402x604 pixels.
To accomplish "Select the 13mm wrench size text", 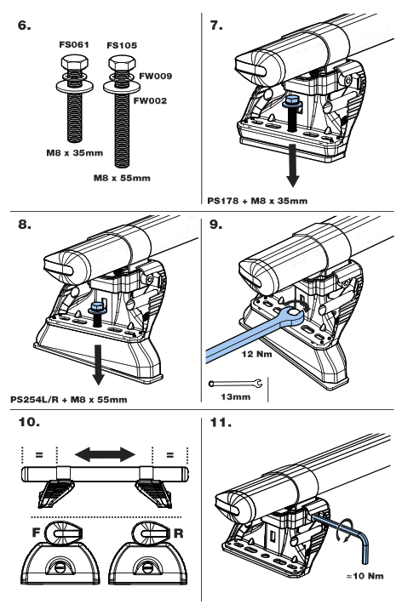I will pos(236,397).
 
